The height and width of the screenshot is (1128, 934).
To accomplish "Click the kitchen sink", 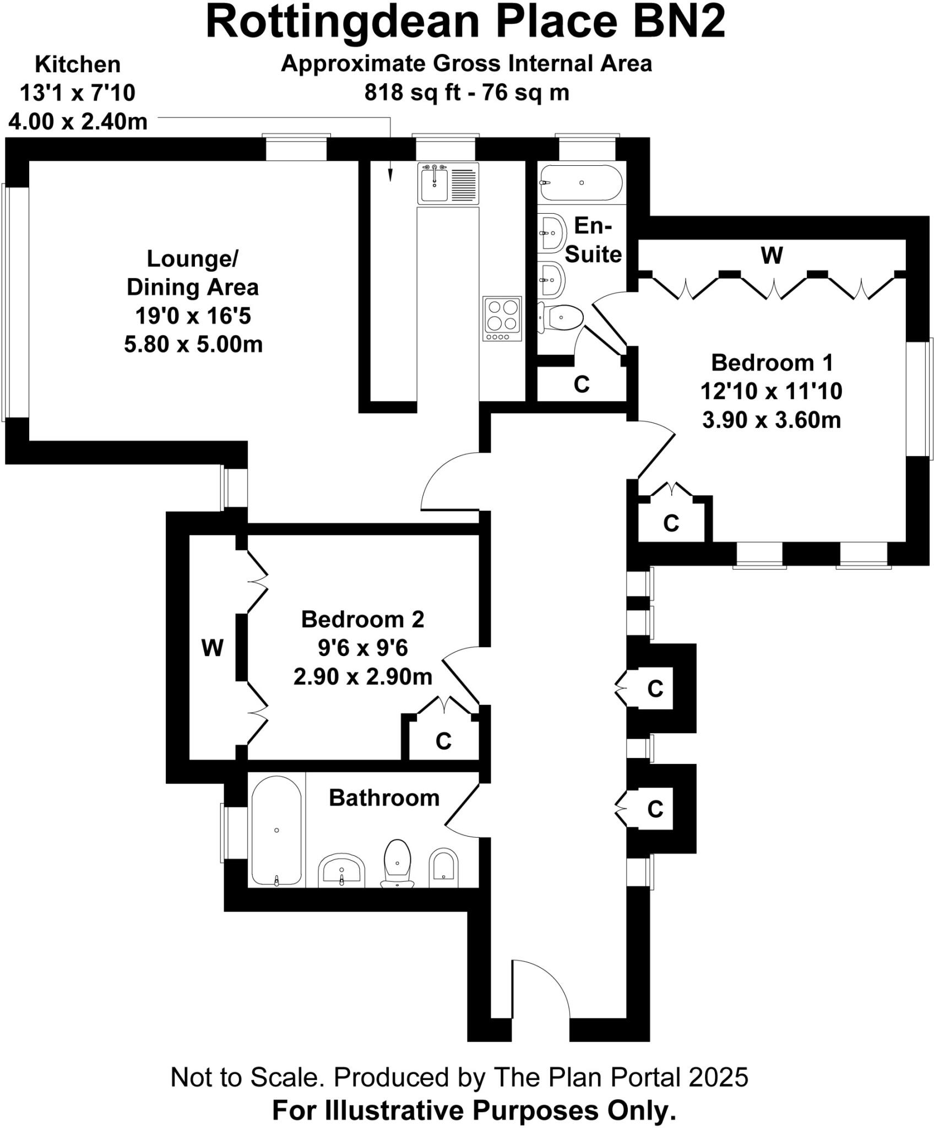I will tap(435, 183).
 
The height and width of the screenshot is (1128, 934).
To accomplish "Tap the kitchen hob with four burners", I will tap(502, 318).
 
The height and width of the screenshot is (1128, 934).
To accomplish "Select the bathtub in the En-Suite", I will tap(581, 182).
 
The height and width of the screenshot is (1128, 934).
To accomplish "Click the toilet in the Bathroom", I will tap(398, 861).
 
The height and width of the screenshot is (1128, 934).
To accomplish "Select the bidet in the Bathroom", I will tap(443, 867).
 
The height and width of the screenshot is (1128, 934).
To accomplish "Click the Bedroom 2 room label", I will tap(362, 620).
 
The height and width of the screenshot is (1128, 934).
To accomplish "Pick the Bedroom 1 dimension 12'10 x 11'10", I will tap(771, 392).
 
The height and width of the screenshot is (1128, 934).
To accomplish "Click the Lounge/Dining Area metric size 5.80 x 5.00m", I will tap(193, 345).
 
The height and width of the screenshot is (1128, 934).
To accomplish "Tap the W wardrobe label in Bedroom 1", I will tap(772, 256).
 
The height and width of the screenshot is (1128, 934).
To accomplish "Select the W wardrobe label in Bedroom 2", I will tap(213, 648).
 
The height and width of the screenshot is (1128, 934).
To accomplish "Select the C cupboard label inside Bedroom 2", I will tap(443, 742).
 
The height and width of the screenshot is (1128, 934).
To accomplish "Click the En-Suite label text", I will tap(593, 240).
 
